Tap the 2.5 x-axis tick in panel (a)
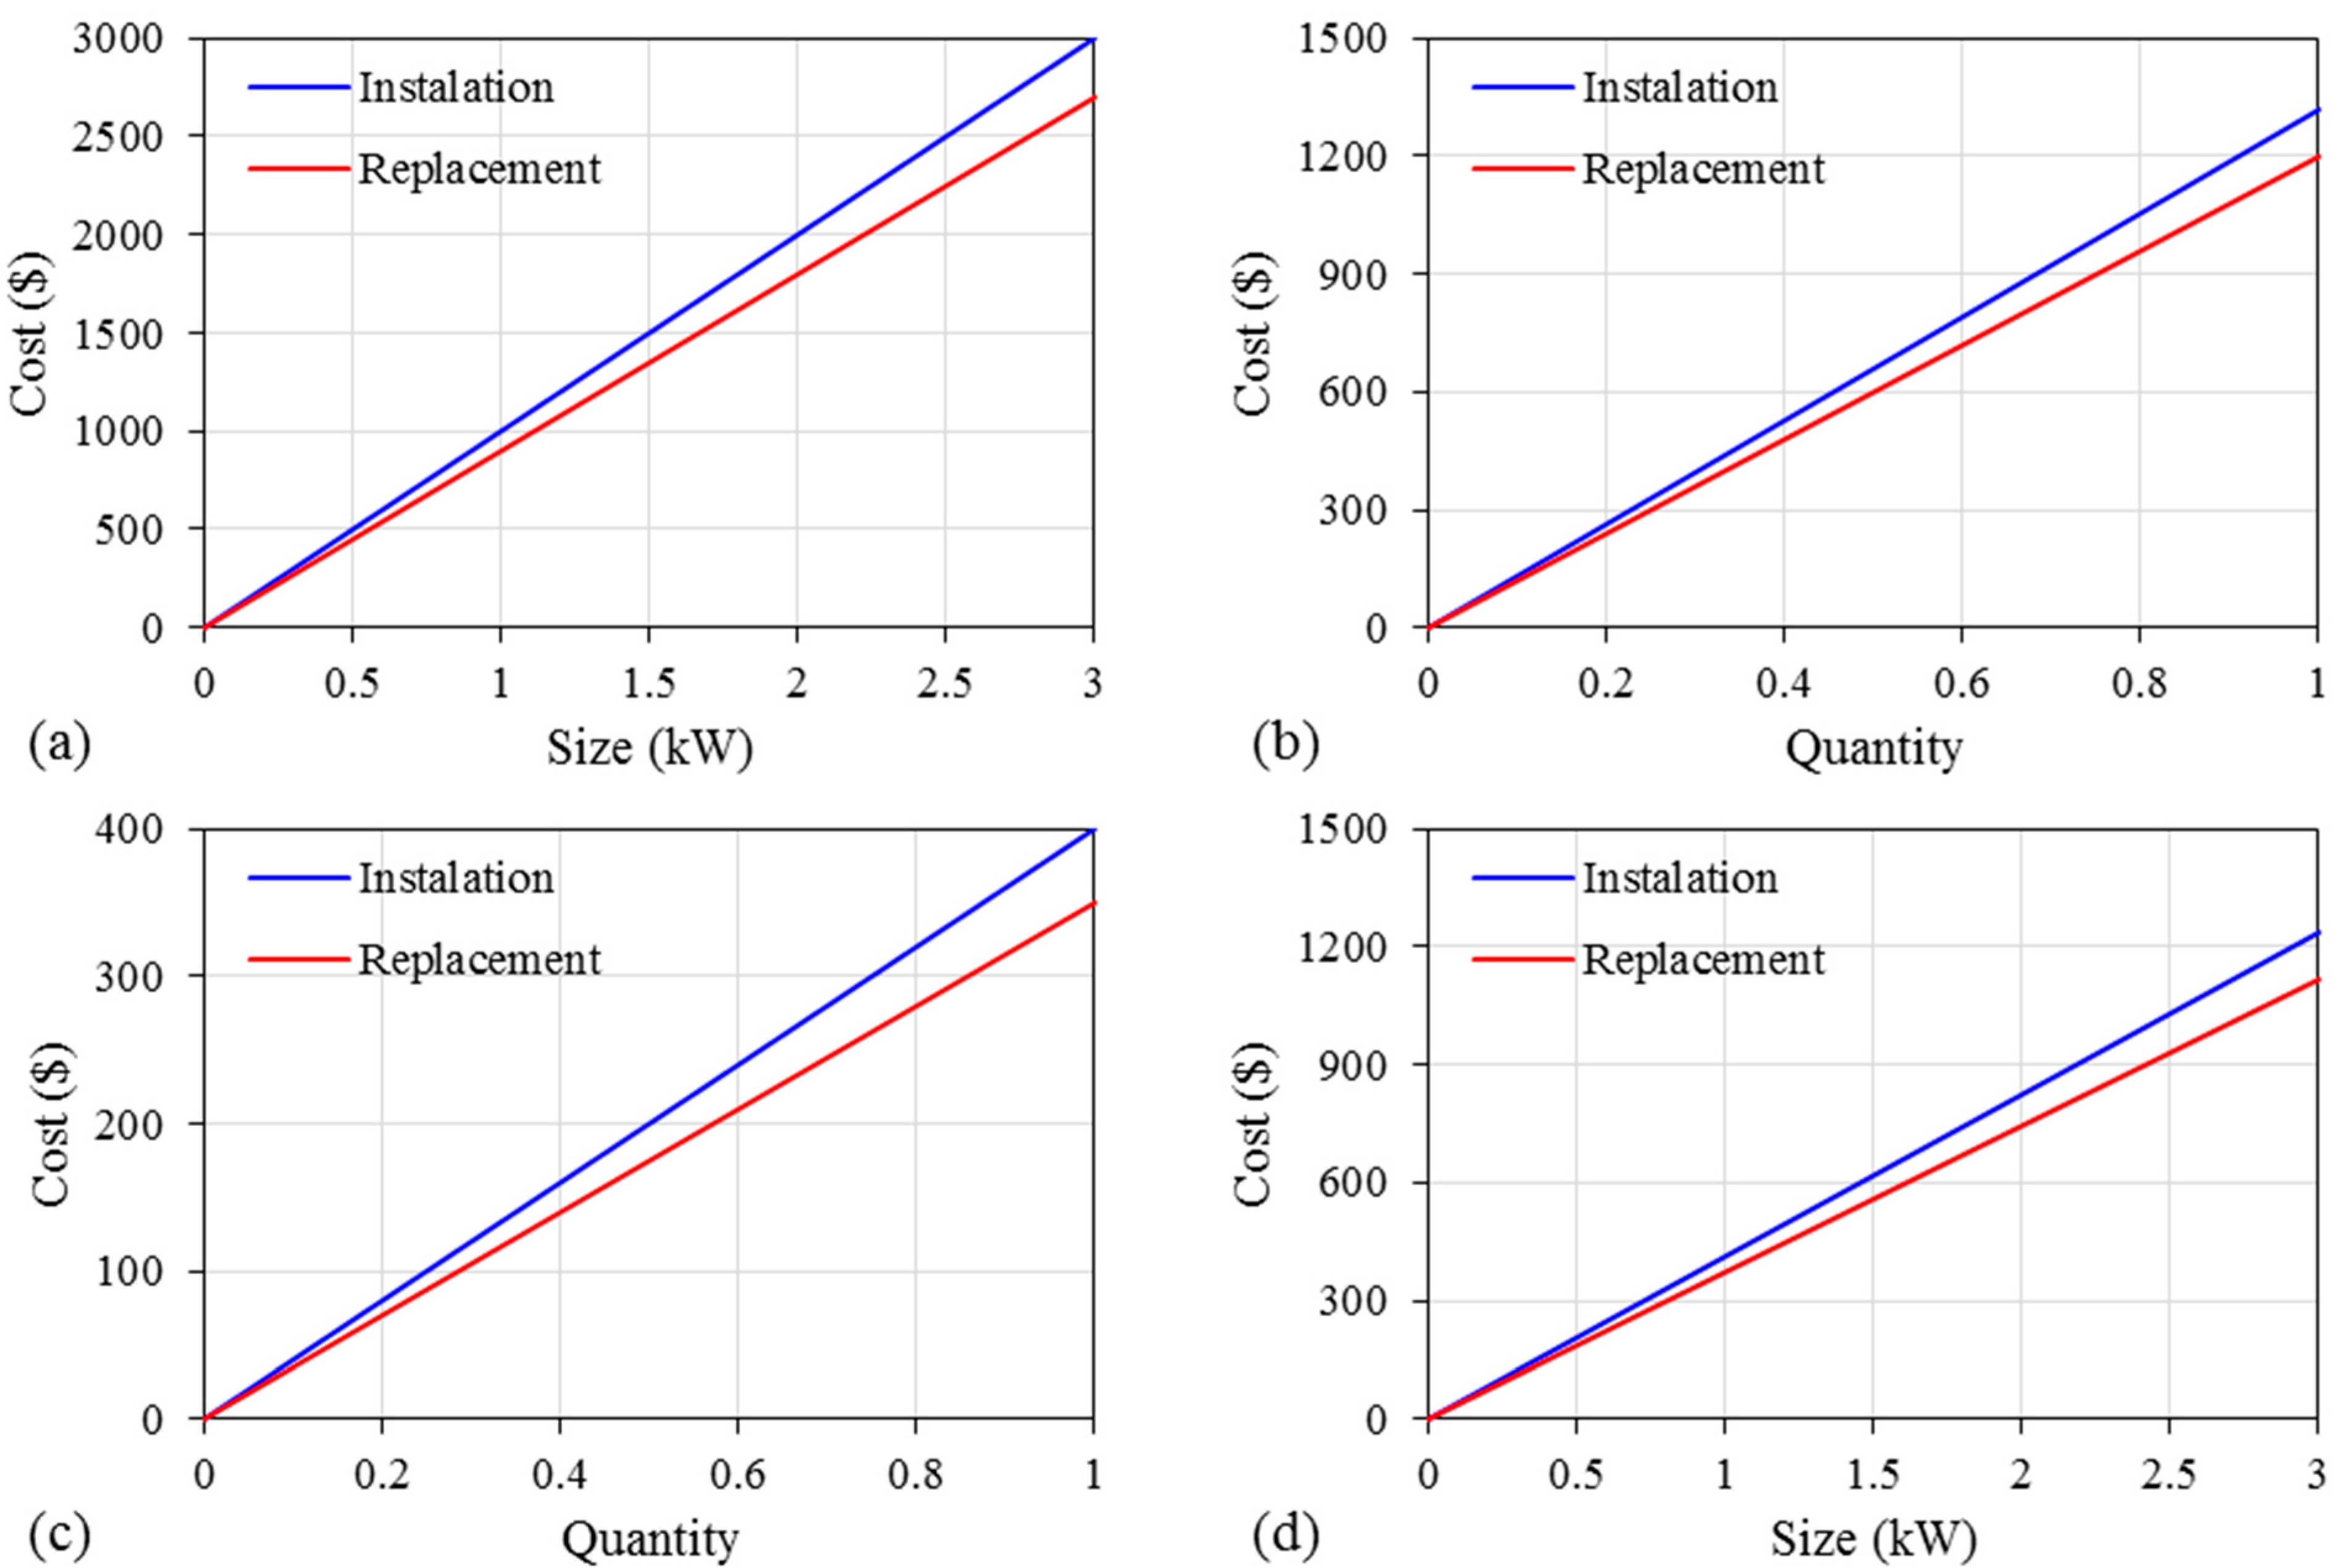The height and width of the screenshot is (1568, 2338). (x=944, y=684)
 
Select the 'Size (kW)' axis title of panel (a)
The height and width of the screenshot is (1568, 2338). (x=649, y=748)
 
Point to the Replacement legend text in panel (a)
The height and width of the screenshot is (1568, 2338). (x=480, y=169)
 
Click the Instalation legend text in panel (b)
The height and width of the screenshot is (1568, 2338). (x=1680, y=88)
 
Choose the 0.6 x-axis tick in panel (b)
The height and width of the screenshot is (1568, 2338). (x=1961, y=684)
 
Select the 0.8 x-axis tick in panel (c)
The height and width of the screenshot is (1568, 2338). (x=915, y=1475)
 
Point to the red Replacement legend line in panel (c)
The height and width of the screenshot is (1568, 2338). (x=298, y=959)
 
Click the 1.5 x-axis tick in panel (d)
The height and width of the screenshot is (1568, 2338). (x=1872, y=1475)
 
